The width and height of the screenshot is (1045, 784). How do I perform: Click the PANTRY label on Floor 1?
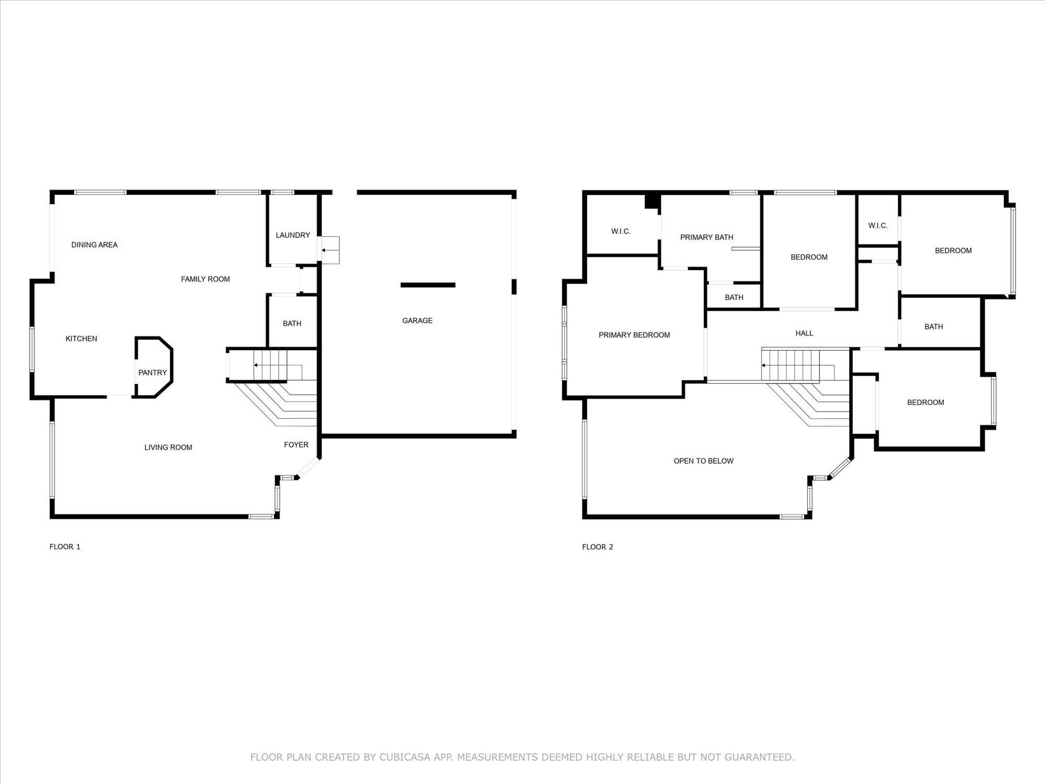coord(152,373)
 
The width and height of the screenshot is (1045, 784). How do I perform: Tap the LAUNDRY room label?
coord(293,235)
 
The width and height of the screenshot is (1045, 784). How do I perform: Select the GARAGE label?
coord(417,321)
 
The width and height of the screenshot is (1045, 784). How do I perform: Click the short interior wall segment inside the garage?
coord(428,285)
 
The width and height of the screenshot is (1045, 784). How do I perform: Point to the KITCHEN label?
coord(82,339)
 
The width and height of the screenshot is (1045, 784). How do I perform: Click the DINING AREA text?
coord(95,245)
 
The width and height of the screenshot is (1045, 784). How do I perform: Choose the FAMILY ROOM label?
coord(205,279)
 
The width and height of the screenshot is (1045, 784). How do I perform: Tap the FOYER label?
coord(296,445)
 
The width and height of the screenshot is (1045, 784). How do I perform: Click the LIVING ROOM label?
coord(168,448)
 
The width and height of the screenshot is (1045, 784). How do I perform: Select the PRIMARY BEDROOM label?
coord(634,335)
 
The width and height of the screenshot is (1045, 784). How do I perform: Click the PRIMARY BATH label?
coord(706,237)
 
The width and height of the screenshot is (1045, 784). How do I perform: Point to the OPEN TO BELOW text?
coord(703,461)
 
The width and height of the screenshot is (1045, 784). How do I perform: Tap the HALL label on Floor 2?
coord(804,333)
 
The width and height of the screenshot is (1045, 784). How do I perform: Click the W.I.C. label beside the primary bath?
coord(620,231)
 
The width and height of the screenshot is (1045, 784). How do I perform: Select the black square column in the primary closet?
coord(651,201)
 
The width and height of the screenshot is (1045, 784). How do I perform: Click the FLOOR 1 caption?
coord(65,547)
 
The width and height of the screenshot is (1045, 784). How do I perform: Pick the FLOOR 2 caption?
coord(598,547)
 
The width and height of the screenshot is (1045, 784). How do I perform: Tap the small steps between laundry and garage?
coord(330,250)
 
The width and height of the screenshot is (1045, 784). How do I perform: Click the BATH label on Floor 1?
coord(292,323)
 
